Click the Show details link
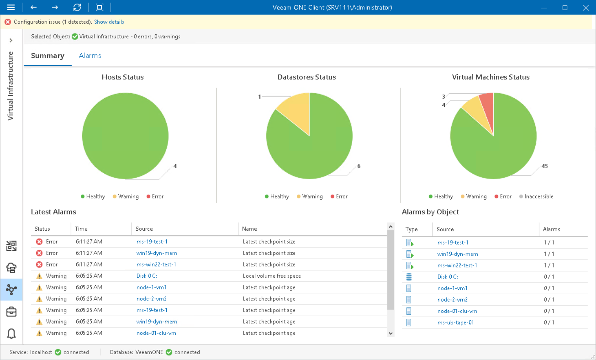click(x=109, y=22)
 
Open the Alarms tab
click(x=90, y=56)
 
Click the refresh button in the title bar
click(x=77, y=7)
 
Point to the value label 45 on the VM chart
click(x=544, y=166)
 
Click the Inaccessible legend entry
click(x=538, y=196)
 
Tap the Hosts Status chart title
click(x=122, y=77)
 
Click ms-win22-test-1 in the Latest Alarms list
click(x=156, y=264)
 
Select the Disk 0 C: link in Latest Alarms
click(x=147, y=276)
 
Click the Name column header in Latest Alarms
click(x=250, y=229)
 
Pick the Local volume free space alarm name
click(x=272, y=276)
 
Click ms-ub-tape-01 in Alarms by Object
click(x=455, y=322)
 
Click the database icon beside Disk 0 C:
click(x=409, y=277)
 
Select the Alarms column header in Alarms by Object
click(x=551, y=229)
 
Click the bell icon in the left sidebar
click(x=11, y=333)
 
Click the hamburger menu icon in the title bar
click(x=11, y=7)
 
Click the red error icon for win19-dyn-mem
click(x=39, y=253)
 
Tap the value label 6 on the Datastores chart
click(x=358, y=166)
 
